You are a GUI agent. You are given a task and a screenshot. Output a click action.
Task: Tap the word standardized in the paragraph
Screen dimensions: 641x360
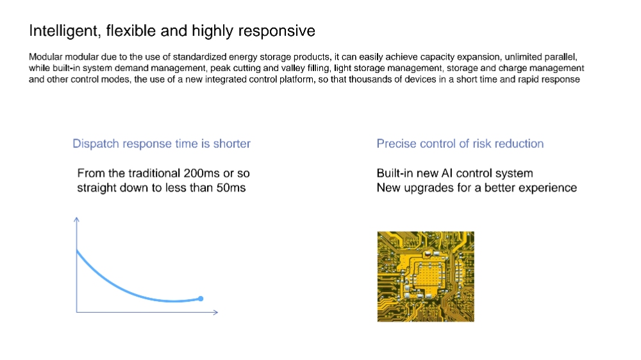pyautogui.click(x=199, y=57)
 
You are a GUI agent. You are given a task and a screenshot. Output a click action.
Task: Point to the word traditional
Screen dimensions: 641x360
pyautogui.click(x=154, y=173)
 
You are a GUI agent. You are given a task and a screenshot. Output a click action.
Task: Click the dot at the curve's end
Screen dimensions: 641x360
pyautogui.click(x=201, y=299)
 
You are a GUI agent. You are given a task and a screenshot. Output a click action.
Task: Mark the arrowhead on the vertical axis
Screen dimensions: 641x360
pyautogui.click(x=76, y=220)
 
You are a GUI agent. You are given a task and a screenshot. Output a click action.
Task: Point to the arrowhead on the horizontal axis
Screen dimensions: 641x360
pyautogui.click(x=215, y=312)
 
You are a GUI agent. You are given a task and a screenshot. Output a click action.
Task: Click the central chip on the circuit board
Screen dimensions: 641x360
pyautogui.click(x=428, y=274)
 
